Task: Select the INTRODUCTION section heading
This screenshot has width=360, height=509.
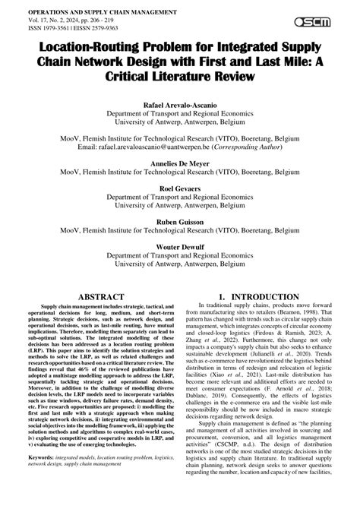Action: click(x=264, y=297)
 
